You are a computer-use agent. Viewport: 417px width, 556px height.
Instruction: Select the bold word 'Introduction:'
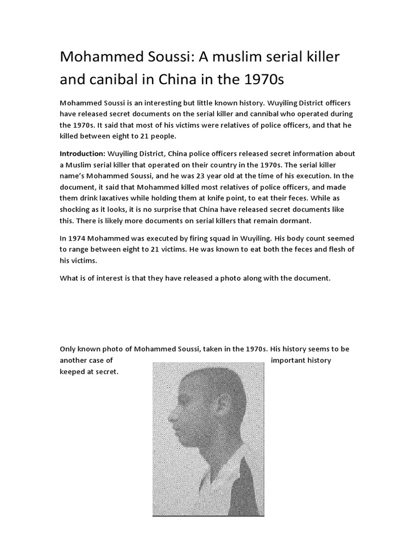[x=82, y=154]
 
